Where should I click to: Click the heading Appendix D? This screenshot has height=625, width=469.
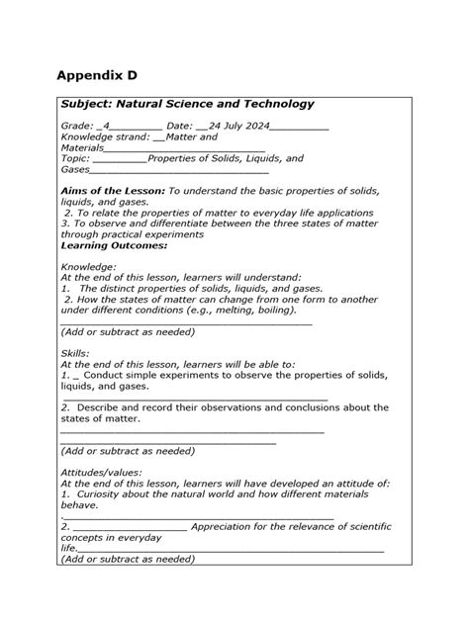tap(97, 76)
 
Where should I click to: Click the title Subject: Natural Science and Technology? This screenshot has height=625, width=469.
tap(187, 104)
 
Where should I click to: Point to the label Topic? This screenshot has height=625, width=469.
tap(75, 158)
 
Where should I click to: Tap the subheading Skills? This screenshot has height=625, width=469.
tap(75, 353)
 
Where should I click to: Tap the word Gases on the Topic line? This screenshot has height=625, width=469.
tap(76, 169)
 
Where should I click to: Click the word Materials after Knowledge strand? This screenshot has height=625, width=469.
tap(82, 148)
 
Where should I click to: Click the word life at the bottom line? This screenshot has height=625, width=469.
tap(68, 548)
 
